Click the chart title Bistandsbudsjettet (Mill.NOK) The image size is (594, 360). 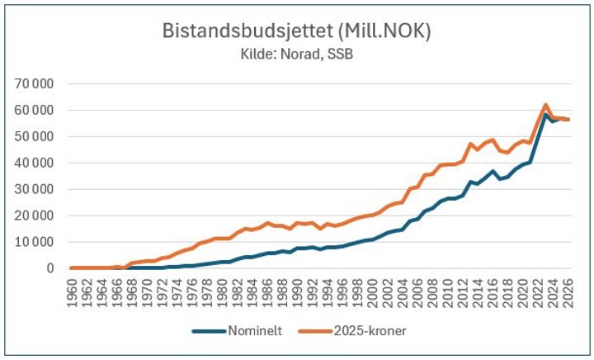pyautogui.click(x=297, y=31)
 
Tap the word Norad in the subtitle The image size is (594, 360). pyautogui.click(x=301, y=54)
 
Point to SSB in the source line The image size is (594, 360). pyautogui.click(x=340, y=54)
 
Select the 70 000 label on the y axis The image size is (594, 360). pyautogui.click(x=33, y=83)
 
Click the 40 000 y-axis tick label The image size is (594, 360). pyautogui.click(x=33, y=163)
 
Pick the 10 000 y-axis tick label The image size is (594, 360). pyautogui.click(x=33, y=242)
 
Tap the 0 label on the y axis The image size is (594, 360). pyautogui.click(x=50, y=268)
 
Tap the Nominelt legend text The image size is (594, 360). pyautogui.click(x=255, y=331)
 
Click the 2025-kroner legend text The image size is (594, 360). pyautogui.click(x=370, y=331)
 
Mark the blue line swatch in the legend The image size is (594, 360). pyautogui.click(x=209, y=331)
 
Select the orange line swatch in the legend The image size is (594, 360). pyautogui.click(x=315, y=331)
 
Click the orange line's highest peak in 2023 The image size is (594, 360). pyautogui.click(x=545, y=105)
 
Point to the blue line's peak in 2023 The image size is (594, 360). pyautogui.click(x=545, y=115)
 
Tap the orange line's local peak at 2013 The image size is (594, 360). pyautogui.click(x=471, y=144)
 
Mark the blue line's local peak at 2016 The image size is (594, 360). pyautogui.click(x=493, y=171)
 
